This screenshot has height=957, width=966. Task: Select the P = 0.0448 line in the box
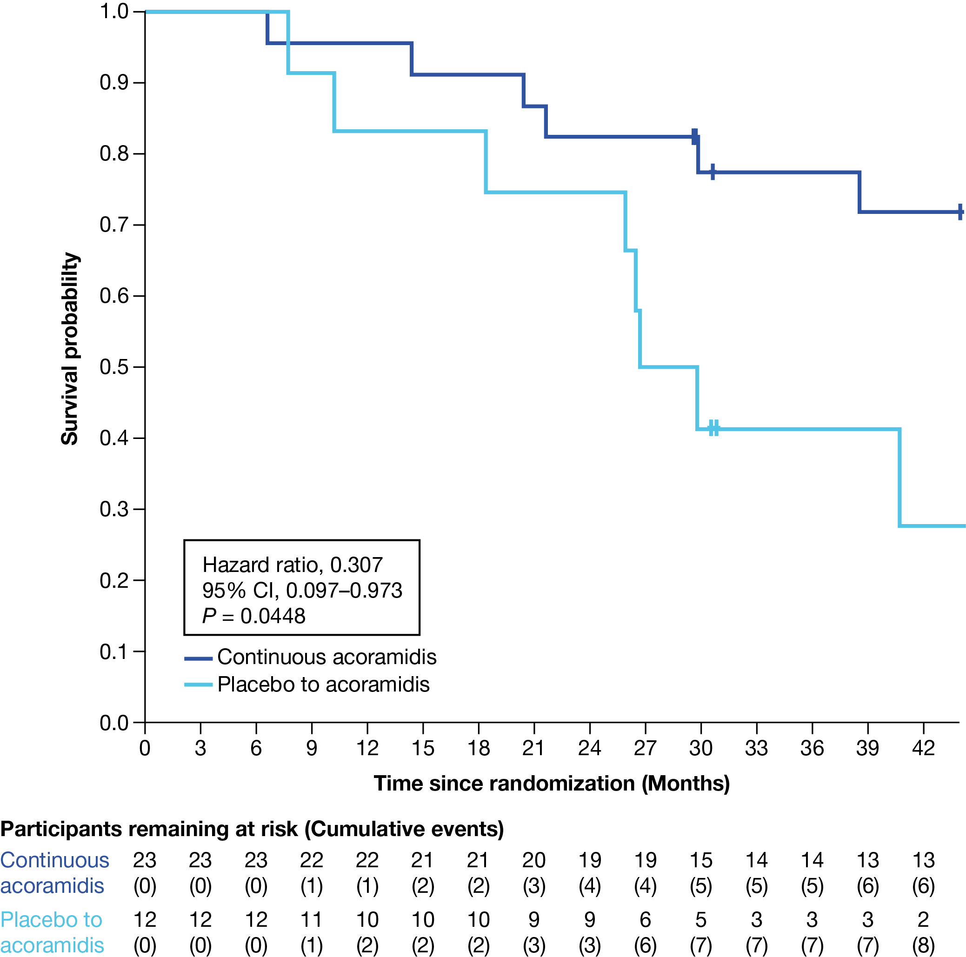(x=253, y=616)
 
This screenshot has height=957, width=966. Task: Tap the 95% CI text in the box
(x=302, y=591)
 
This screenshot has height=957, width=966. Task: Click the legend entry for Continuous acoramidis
(x=326, y=657)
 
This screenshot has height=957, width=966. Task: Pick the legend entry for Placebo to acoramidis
(x=323, y=685)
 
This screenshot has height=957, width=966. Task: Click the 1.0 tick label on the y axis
(x=115, y=11)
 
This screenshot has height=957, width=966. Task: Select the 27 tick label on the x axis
(x=645, y=749)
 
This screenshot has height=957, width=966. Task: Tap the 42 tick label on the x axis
(x=923, y=749)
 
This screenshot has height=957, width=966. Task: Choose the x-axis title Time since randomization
(x=552, y=784)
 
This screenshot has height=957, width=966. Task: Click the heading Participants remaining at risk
(x=252, y=829)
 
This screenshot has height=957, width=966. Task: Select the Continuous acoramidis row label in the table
(x=54, y=873)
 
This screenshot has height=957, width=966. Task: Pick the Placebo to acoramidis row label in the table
(x=52, y=932)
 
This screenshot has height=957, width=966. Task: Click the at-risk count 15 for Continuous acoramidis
(x=701, y=860)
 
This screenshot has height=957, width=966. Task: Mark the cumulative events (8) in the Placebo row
(x=923, y=945)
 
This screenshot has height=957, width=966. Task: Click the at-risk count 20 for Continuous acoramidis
(x=534, y=860)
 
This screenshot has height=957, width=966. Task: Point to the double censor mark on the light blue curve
(x=714, y=428)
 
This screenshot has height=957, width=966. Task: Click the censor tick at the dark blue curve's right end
(x=960, y=212)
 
